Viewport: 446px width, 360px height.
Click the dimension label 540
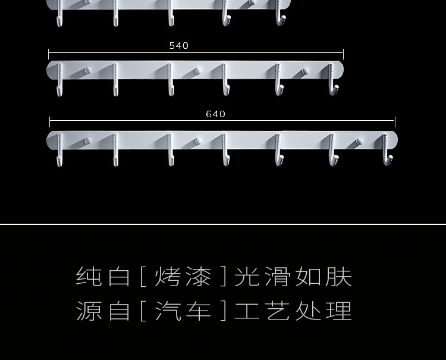pos(178,46)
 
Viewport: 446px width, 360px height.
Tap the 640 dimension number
pos(215,114)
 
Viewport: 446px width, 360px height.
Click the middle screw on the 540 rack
pos(197,71)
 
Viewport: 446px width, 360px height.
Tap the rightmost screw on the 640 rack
pos(359,142)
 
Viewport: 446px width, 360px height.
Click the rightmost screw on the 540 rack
pos(304,72)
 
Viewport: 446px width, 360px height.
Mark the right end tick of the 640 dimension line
pos(395,123)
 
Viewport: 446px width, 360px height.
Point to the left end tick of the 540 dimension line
pos(49,54)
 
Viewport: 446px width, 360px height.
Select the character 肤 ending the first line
pos(340,277)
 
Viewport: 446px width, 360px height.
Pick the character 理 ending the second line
pos(340,311)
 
